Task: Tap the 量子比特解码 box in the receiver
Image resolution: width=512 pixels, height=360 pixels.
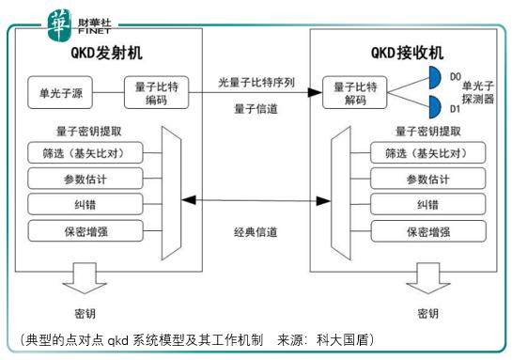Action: pyautogui.click(x=358, y=93)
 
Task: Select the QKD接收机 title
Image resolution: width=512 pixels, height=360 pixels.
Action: pyautogui.click(x=405, y=53)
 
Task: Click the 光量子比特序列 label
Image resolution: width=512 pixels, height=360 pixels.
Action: pyautogui.click(x=256, y=83)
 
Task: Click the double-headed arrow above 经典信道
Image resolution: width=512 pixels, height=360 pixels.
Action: pyautogui.click(x=256, y=198)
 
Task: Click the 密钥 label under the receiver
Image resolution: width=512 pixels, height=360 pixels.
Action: pyautogui.click(x=427, y=313)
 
